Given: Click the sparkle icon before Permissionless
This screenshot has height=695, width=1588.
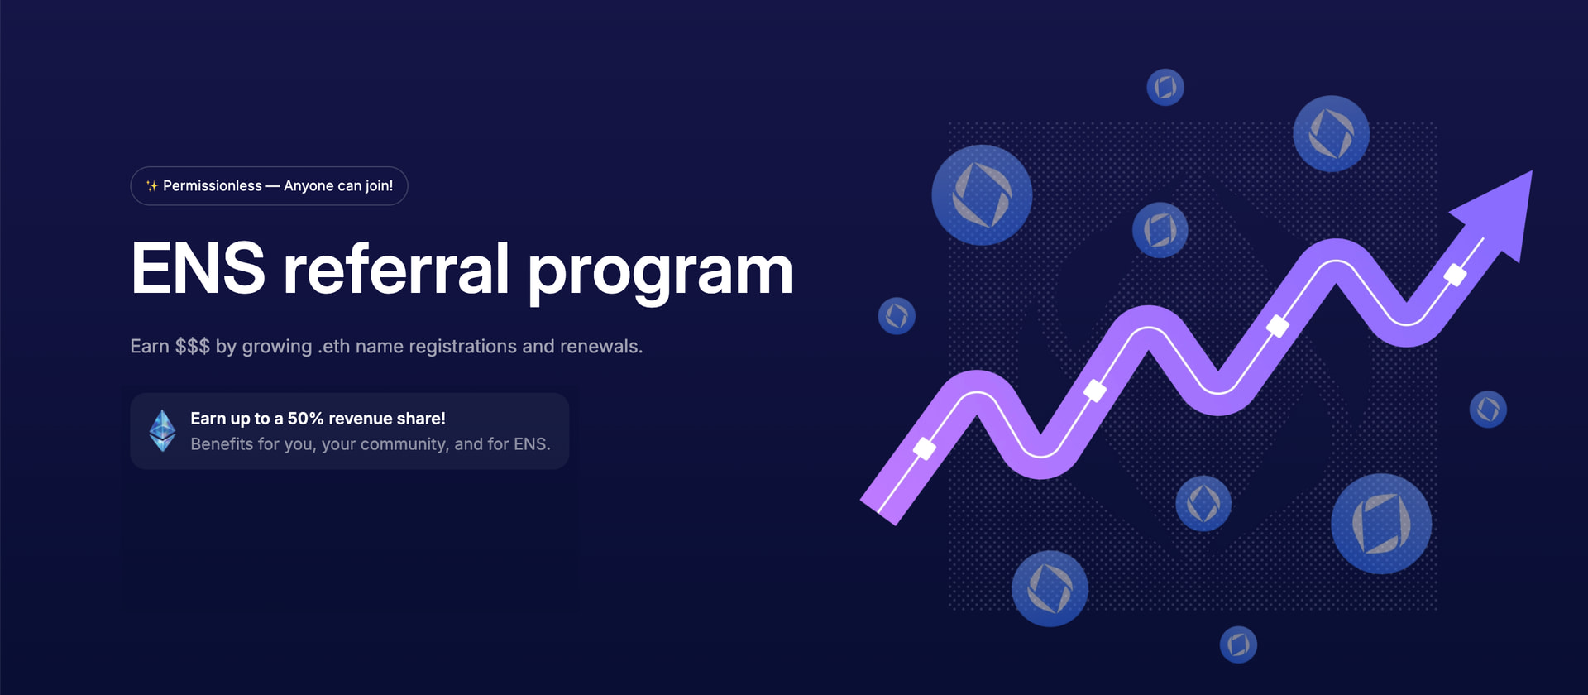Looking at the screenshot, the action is (152, 186).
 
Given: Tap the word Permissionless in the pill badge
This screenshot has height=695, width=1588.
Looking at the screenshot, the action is (213, 186).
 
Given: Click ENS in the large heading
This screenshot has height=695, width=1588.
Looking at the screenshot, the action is (198, 268).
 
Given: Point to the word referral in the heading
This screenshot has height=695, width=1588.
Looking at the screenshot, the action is (396, 268).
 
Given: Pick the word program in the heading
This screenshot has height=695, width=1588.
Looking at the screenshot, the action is (660, 274).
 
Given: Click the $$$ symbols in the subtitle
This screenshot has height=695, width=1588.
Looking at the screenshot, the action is (192, 346).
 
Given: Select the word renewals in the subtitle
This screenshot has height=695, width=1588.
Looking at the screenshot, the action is (600, 346).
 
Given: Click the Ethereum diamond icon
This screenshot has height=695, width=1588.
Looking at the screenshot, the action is (162, 430).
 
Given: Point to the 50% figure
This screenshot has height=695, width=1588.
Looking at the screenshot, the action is (305, 419).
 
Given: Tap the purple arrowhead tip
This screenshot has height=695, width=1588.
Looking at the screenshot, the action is (1531, 172).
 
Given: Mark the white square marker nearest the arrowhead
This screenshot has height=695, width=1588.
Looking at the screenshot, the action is (1455, 275).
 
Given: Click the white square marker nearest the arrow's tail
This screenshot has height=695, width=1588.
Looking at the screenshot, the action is (925, 448).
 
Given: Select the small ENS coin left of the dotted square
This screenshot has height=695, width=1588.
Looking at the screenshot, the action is (897, 315).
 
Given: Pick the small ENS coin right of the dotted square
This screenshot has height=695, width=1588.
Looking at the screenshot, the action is (1488, 409).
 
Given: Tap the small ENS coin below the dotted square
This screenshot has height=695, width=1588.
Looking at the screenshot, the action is (1238, 644).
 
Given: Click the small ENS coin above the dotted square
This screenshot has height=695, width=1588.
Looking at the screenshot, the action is (1165, 87).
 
